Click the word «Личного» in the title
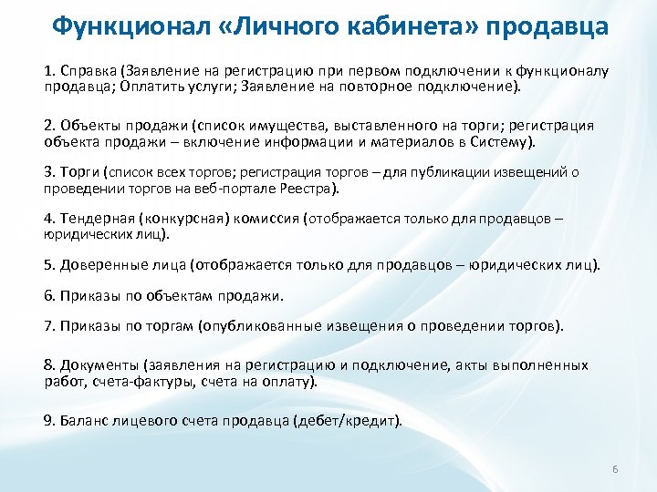point(286,25)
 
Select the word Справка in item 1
point(90,72)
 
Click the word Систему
point(503,142)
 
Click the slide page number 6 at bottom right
point(616,469)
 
